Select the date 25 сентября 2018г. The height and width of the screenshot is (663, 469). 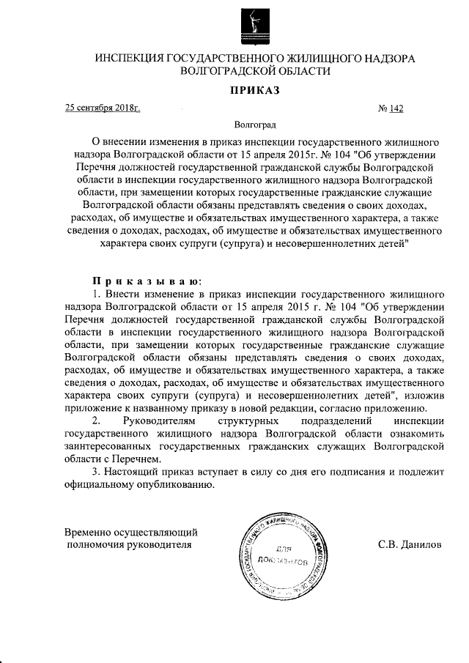(x=103, y=109)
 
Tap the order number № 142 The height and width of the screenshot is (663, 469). (x=391, y=109)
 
